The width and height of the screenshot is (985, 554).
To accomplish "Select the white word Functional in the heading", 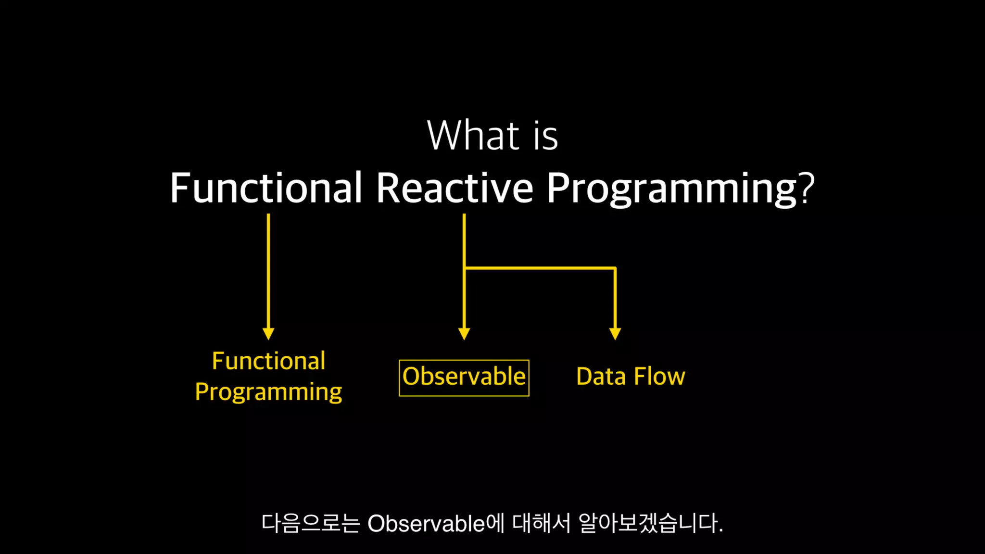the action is (266, 187).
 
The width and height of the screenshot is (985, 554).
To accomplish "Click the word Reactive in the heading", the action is (455, 187).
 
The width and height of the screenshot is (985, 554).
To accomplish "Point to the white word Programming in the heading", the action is (672, 189).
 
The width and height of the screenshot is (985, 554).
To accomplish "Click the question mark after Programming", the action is (807, 187).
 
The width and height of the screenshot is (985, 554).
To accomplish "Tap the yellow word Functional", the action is (269, 361).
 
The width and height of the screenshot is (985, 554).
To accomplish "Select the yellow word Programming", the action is (269, 392).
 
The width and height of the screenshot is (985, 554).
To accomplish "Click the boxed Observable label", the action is (464, 378).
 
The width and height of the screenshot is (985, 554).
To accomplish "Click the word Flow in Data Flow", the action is (659, 376).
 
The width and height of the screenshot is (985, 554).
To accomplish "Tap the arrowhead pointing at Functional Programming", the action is (268, 334).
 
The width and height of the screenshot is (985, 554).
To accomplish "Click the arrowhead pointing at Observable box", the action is (464, 334).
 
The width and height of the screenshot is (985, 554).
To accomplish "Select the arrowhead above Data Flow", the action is (615, 334).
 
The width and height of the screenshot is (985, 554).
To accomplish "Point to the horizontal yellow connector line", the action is (540, 268).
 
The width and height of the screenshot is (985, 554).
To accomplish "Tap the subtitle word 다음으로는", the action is (311, 523).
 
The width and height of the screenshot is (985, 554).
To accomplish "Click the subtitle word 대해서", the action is (541, 523).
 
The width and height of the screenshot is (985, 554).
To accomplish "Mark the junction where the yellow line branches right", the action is (464, 268).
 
